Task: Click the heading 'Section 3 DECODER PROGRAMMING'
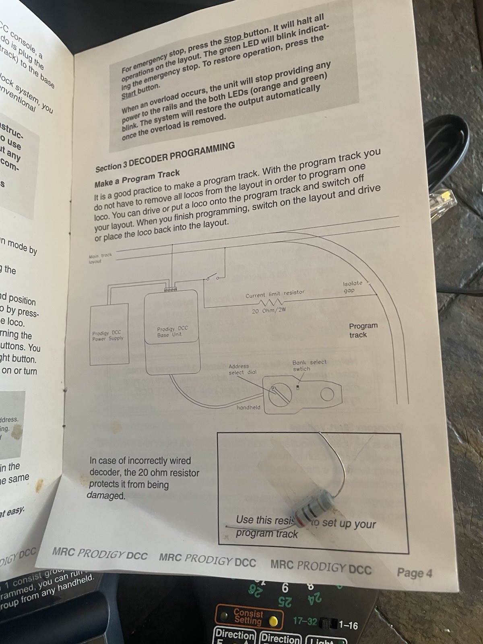pos(165,157)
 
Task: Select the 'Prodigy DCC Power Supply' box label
pos(108,336)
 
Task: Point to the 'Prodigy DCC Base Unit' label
pos(172,331)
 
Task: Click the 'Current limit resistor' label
pos(275,294)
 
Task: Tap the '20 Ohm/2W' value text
pos(268,311)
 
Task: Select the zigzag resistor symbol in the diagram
pos(270,302)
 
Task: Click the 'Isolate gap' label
pos(352,287)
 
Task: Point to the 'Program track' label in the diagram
pos(363,330)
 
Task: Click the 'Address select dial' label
pos(242,369)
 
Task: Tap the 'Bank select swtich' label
pos(309,365)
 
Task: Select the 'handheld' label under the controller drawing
pos(248,407)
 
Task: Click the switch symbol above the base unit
pos(212,278)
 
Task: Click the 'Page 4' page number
pos(414,572)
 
